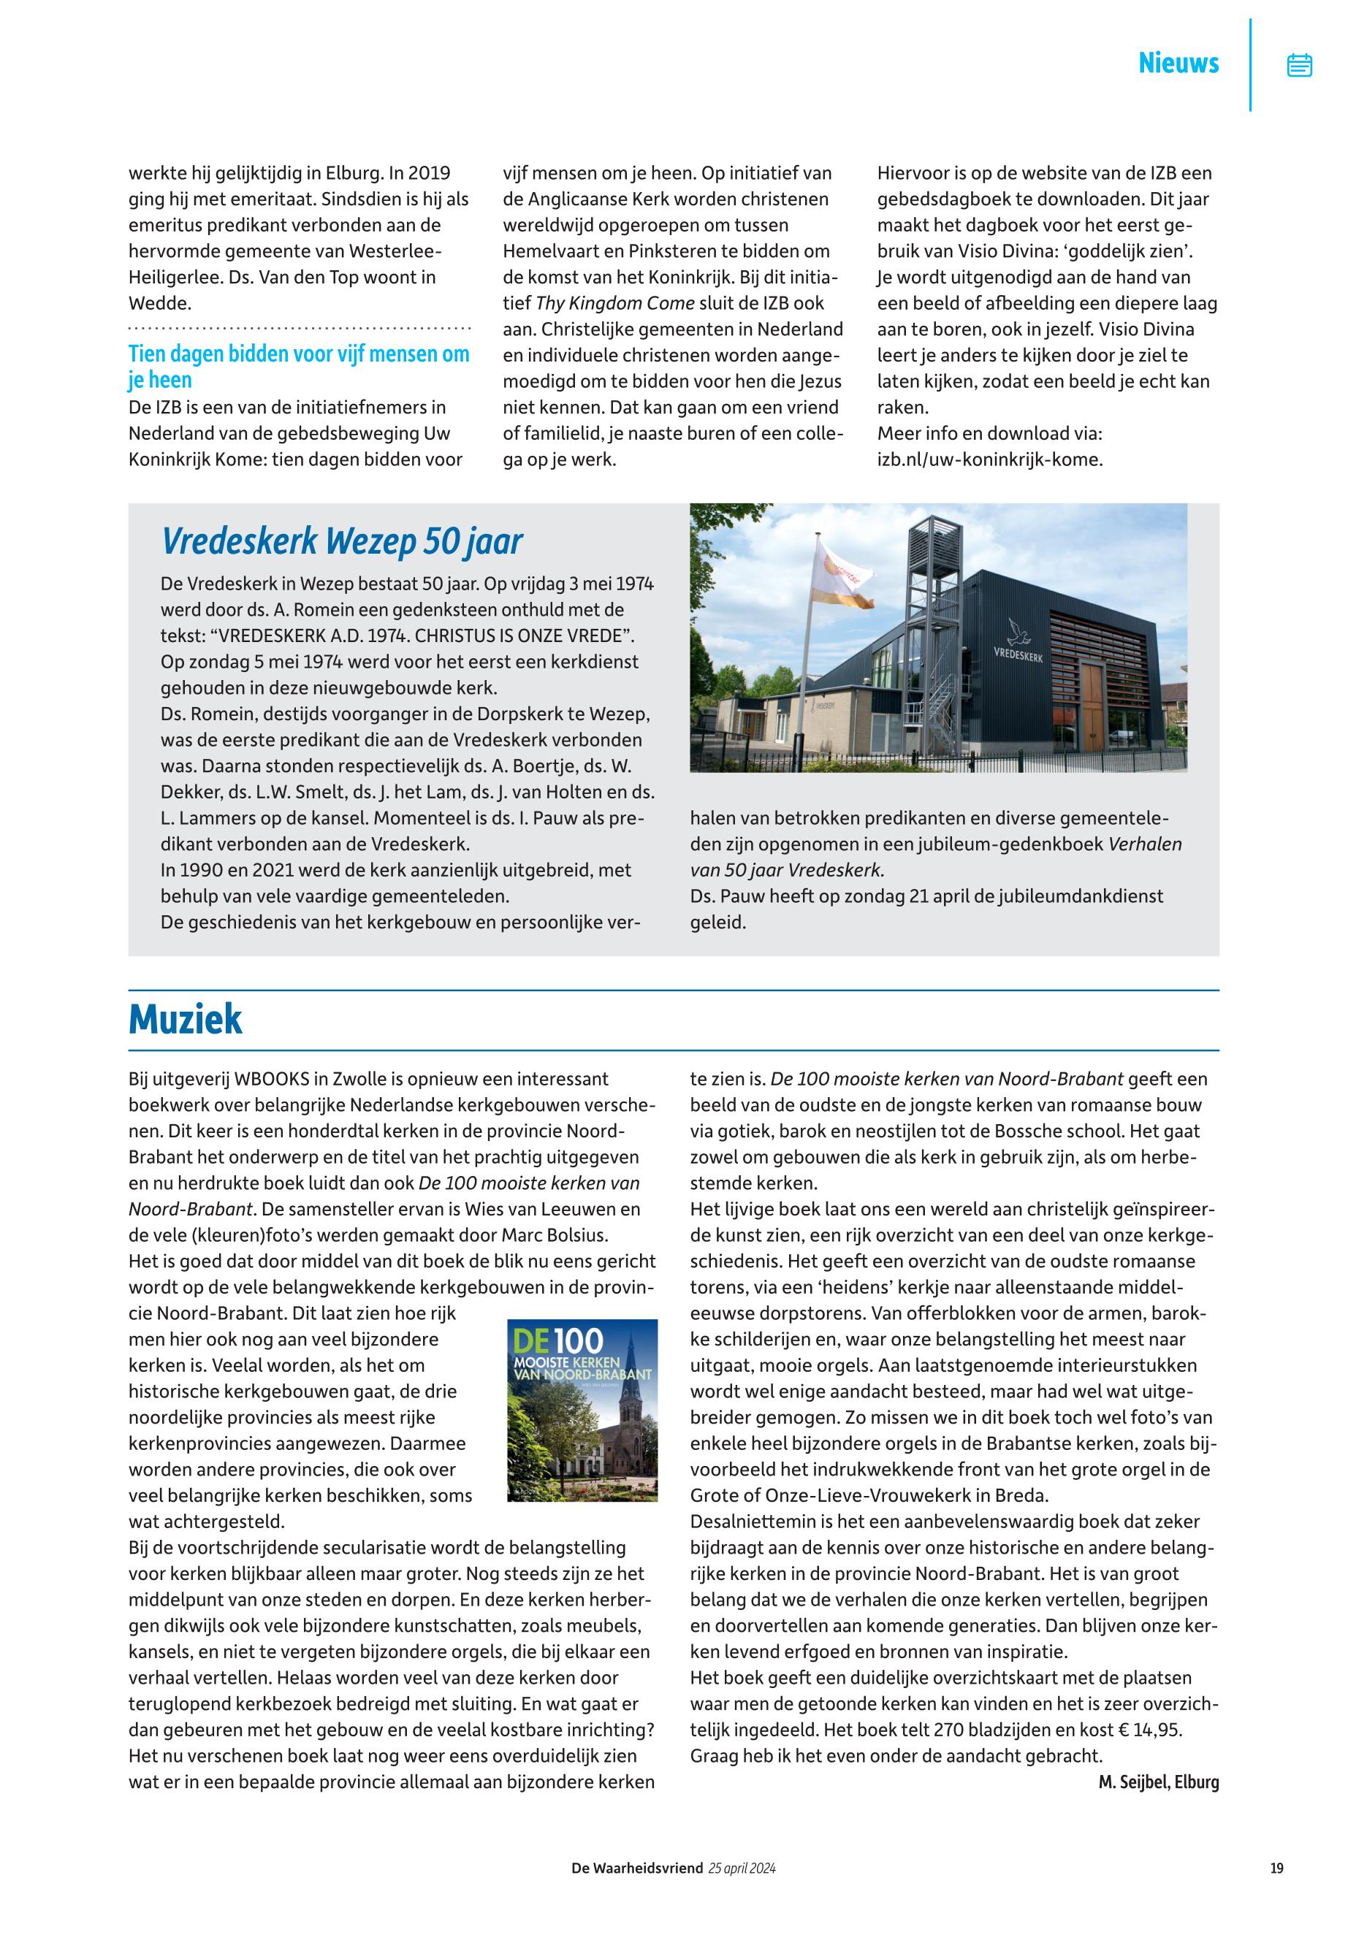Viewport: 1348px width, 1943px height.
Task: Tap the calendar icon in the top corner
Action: [x=1299, y=65]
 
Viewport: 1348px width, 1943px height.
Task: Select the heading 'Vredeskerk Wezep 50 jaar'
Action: [x=342, y=541]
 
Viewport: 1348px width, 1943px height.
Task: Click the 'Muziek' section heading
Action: [x=185, y=1019]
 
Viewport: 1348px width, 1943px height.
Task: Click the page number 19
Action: [x=1276, y=1868]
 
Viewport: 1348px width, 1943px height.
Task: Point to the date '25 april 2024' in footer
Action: [x=741, y=1868]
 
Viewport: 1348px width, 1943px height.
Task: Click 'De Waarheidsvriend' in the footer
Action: [x=637, y=1868]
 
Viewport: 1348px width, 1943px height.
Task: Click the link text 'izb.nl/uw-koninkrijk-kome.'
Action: [x=990, y=460]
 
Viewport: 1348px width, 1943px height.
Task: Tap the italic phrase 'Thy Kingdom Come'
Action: [x=615, y=303]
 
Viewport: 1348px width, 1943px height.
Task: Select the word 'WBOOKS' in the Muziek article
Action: [x=271, y=1079]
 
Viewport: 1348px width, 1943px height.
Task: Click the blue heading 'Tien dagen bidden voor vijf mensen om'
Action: [x=298, y=354]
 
